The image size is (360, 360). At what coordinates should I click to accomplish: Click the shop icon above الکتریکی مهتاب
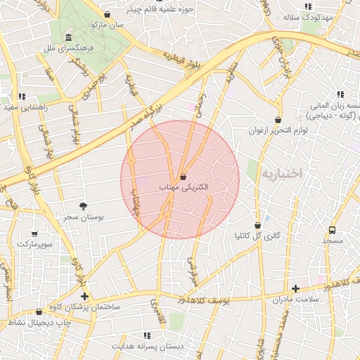pyautogui.click(x=183, y=176)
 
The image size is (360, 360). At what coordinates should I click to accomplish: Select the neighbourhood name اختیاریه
pyautogui.click(x=281, y=172)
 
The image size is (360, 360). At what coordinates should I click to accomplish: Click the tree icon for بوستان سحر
pyautogui.click(x=84, y=206)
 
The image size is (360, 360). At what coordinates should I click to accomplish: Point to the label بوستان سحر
pyautogui.click(x=84, y=218)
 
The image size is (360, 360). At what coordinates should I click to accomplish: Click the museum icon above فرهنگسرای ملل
pyautogui.click(x=68, y=37)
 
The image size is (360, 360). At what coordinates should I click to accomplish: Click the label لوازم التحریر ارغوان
pyautogui.click(x=275, y=131)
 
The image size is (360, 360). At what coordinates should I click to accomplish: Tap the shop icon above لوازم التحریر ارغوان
pyautogui.click(x=278, y=120)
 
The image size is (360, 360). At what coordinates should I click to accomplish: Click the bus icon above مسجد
pyautogui.click(x=332, y=229)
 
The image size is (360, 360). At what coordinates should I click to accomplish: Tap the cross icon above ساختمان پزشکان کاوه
pyautogui.click(x=85, y=296)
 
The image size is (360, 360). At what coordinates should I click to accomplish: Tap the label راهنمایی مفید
pyautogui.click(x=25, y=107)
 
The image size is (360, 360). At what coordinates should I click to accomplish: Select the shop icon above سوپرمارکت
pyautogui.click(x=34, y=233)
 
